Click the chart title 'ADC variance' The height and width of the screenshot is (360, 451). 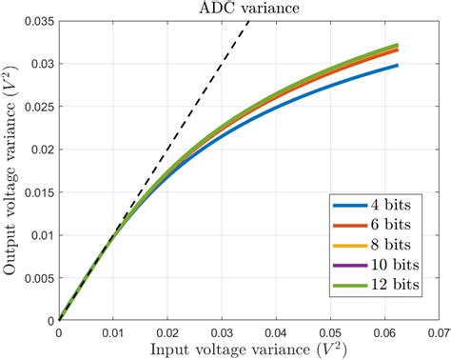pos(250,8)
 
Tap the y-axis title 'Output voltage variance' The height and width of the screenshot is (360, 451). pos(10,171)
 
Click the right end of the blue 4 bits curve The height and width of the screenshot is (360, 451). pos(397,66)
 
